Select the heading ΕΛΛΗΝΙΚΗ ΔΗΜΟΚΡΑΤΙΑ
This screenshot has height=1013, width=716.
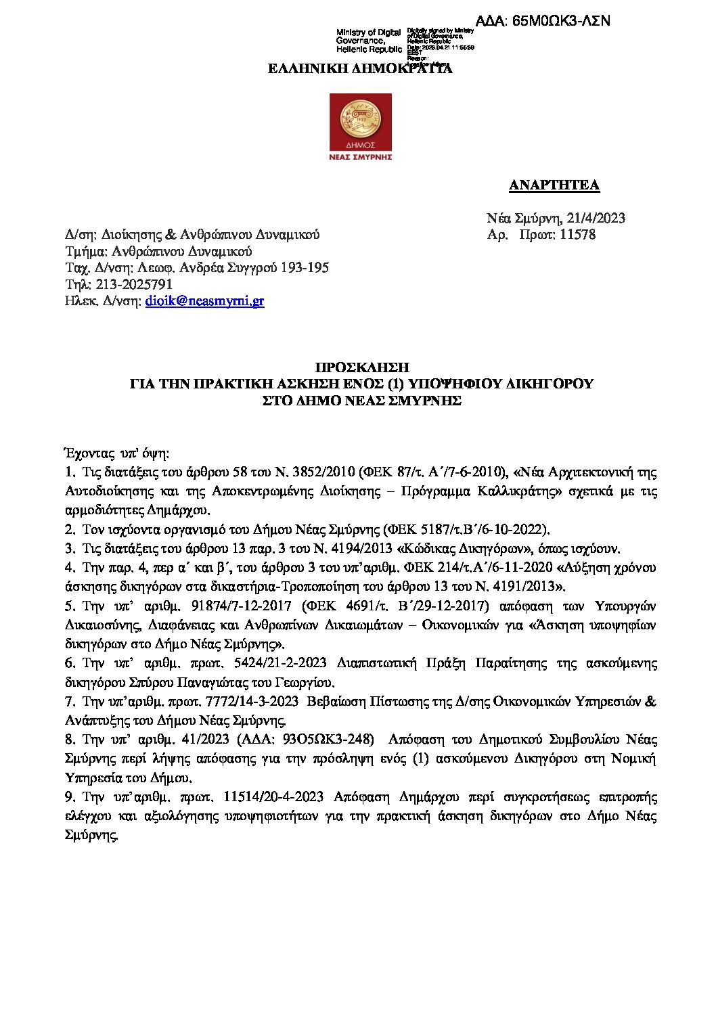coord(360,68)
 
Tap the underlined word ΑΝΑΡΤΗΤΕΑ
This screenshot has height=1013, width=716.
coord(554,185)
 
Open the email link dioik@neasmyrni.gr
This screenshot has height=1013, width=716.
coord(205,301)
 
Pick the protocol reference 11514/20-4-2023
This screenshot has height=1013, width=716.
coord(273,797)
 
